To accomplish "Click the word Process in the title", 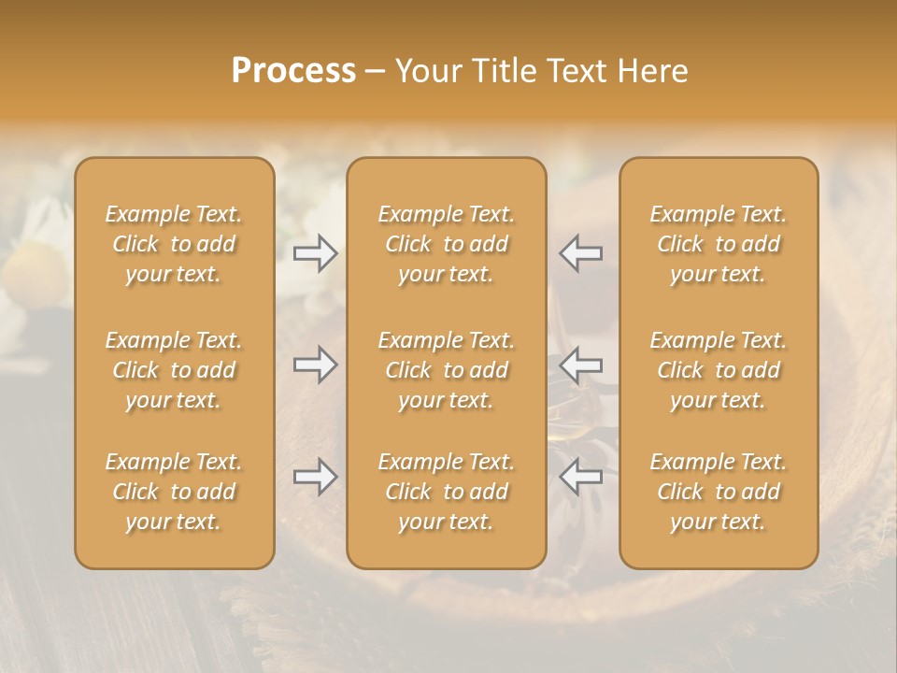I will pyautogui.click(x=293, y=71).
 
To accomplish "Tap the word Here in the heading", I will pyautogui.click(x=653, y=71).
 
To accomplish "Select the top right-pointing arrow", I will pyautogui.click(x=315, y=252).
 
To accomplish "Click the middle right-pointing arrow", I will pyautogui.click(x=315, y=365).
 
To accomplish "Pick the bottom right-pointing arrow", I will pyautogui.click(x=315, y=477).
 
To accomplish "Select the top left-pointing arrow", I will pyautogui.click(x=581, y=252).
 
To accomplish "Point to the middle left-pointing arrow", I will pyautogui.click(x=581, y=365).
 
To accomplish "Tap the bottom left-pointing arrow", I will pyautogui.click(x=581, y=477).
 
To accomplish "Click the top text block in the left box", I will pyautogui.click(x=174, y=244).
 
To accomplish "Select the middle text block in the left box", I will pyautogui.click(x=174, y=370).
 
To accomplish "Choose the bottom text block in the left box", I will pyautogui.click(x=174, y=492).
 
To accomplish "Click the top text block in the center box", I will pyautogui.click(x=447, y=244).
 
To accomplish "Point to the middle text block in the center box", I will pyautogui.click(x=447, y=370).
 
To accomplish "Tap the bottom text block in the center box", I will pyautogui.click(x=447, y=492).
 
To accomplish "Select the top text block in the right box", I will pyautogui.click(x=719, y=244).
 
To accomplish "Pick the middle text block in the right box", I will pyautogui.click(x=719, y=370).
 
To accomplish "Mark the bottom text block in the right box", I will pyautogui.click(x=719, y=492).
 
